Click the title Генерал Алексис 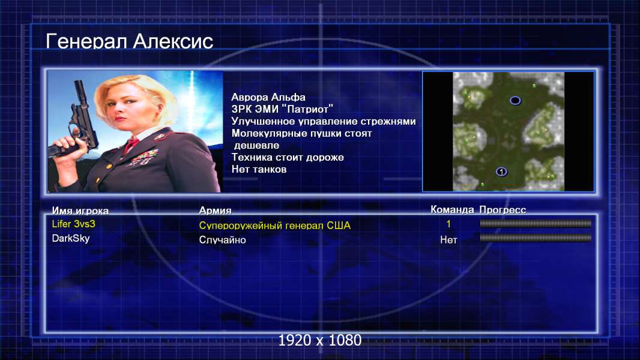point(130,41)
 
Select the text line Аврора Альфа point(268,97)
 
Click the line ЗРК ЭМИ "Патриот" point(282,109)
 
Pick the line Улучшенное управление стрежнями point(323,121)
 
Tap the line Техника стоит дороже point(288,157)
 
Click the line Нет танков point(259,169)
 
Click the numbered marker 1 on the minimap point(501,172)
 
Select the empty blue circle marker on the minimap point(515,100)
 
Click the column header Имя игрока point(80,211)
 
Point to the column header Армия point(215,211)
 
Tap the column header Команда point(452,209)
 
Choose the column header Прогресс point(503,209)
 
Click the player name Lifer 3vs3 point(73,224)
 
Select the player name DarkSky point(71,238)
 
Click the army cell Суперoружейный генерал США point(275,226)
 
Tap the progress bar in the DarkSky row point(536,238)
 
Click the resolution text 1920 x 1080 point(319,340)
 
